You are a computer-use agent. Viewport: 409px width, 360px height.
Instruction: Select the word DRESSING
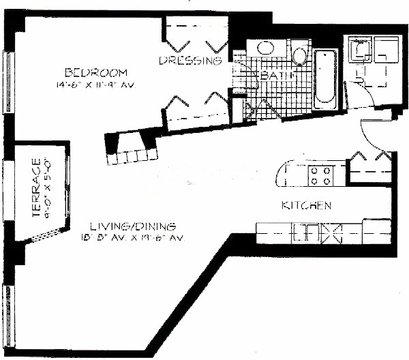tap(192, 61)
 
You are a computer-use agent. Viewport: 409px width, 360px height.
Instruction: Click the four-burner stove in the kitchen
tap(318, 175)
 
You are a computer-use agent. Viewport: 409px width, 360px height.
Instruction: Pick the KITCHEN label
tap(307, 205)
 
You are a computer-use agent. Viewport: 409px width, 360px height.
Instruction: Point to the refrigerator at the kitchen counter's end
tap(376, 231)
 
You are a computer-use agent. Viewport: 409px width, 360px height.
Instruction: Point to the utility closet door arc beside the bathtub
tap(361, 92)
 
